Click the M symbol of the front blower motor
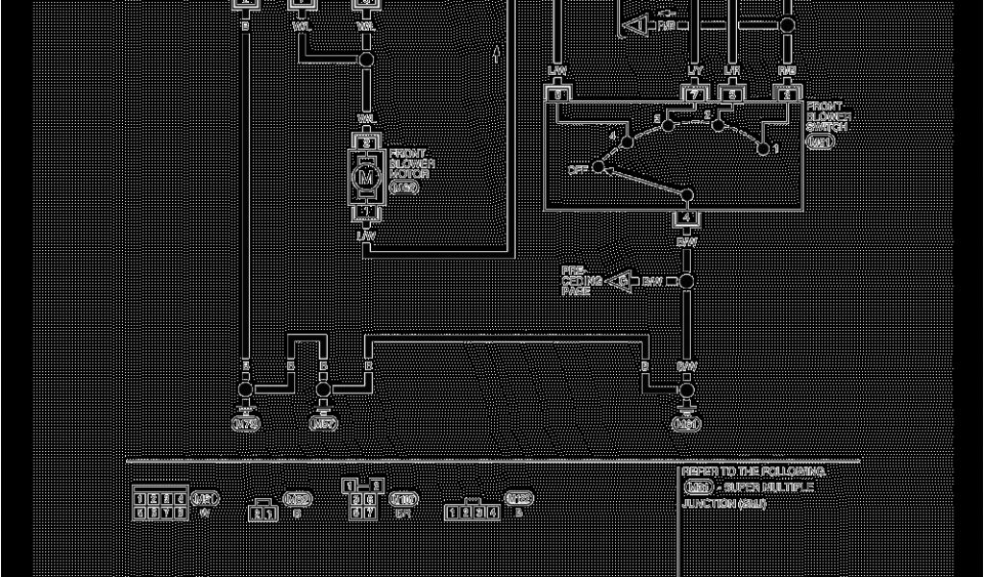click(365, 177)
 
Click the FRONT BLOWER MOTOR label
click(411, 163)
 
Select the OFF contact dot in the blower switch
click(599, 167)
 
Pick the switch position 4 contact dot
click(627, 142)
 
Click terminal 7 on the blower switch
click(694, 94)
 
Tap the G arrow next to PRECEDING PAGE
click(622, 281)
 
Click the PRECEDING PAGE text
click(581, 280)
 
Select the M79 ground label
click(246, 422)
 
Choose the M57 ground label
click(324, 422)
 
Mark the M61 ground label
click(686, 423)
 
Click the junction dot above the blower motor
click(365, 60)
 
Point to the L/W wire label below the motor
click(365, 236)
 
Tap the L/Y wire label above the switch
click(694, 71)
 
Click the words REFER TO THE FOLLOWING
click(753, 472)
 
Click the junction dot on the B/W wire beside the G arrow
click(686, 281)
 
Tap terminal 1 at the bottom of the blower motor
click(365, 212)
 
